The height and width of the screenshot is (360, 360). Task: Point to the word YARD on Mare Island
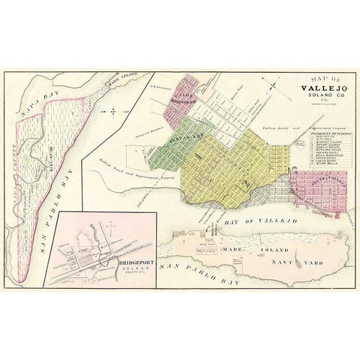[x=317, y=244]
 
